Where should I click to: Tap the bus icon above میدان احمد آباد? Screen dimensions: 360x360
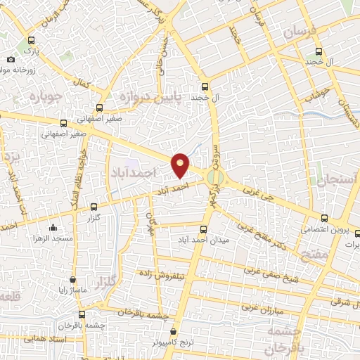pyautogui.click(x=204, y=229)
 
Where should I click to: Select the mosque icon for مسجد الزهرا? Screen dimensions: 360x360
pyautogui.click(x=54, y=227)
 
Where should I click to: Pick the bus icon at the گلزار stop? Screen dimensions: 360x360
pyautogui.click(x=95, y=207)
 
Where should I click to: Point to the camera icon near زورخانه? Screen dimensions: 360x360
pyautogui.click(x=11, y=60)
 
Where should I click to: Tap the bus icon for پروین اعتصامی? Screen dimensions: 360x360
pyautogui.click(x=323, y=218)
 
